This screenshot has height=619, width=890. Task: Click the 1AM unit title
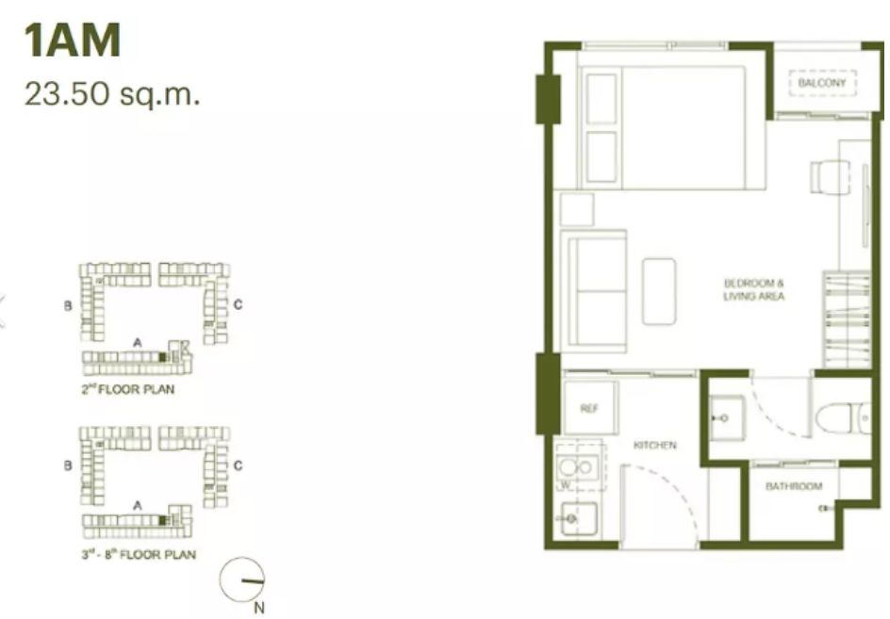[x=72, y=40]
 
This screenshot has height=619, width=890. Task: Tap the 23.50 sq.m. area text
[x=112, y=93]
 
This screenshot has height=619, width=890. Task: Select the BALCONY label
[x=822, y=83]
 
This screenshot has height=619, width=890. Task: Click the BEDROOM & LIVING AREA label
[x=754, y=289]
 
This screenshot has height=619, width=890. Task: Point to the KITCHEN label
[x=655, y=446]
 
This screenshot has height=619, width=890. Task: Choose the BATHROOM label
[x=794, y=486]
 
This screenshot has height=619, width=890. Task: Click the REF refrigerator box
[x=589, y=408]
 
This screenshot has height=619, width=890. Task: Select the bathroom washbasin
[x=726, y=418]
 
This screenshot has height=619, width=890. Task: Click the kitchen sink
[x=578, y=518]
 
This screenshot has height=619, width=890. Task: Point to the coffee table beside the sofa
[x=659, y=291]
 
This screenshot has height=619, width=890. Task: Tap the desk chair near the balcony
[x=830, y=176]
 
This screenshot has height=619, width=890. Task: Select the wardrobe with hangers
[x=847, y=319]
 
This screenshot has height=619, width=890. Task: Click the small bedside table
[x=577, y=210]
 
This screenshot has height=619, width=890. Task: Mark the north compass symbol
[x=242, y=579]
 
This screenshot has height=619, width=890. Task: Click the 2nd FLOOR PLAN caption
[x=127, y=389]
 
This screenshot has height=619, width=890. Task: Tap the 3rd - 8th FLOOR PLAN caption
[x=139, y=554]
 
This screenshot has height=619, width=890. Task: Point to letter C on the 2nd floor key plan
[x=238, y=304]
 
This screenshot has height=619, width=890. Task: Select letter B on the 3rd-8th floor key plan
[x=68, y=465]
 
